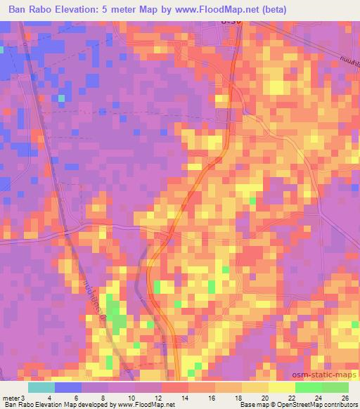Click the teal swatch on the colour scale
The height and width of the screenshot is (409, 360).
pos(41,387)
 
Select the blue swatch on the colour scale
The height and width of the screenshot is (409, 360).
pos(67,387)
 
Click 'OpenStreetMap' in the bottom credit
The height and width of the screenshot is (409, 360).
pos(292,405)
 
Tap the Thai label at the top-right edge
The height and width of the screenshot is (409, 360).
pos(348,63)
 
